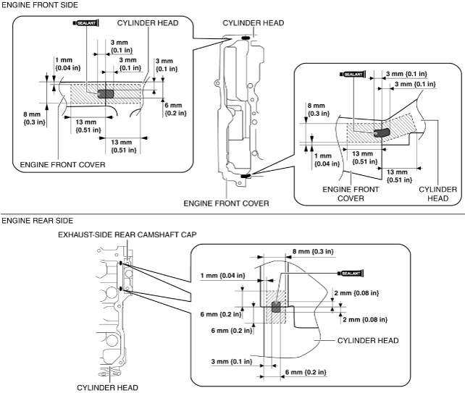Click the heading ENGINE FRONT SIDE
33,5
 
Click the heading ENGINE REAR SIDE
32,219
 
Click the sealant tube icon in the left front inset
85,24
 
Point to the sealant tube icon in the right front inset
353,74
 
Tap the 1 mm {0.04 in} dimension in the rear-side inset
222,276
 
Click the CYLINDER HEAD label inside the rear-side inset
367,339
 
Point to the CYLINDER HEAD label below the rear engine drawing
107,387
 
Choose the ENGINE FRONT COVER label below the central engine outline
226,203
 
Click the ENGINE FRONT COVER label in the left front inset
62,164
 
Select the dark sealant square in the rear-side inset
275,308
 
